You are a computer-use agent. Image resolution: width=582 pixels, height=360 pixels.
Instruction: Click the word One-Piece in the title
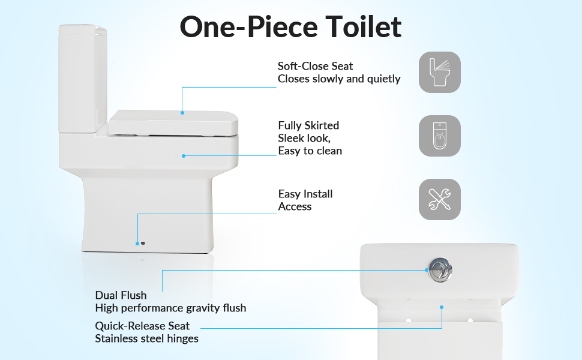point(248,27)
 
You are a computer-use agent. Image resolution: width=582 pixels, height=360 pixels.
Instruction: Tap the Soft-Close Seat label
point(315,66)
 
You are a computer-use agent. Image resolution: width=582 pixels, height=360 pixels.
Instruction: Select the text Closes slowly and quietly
point(339,79)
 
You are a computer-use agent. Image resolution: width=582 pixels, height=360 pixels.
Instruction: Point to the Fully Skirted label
point(308,125)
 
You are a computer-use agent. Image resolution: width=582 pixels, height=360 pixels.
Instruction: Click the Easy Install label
point(305,194)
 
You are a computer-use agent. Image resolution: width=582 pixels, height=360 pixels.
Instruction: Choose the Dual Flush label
point(121,295)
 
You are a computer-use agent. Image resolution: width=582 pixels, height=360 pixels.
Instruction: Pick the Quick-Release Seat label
point(142,326)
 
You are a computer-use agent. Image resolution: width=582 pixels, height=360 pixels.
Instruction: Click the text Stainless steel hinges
point(146,338)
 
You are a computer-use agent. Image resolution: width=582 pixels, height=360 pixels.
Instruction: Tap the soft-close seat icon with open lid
point(440,73)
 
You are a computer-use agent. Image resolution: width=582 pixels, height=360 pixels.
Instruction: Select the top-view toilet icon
point(440,136)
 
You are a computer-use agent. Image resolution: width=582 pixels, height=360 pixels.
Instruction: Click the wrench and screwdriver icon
point(440,200)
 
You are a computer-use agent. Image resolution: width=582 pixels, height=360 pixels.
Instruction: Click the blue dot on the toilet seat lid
point(182,112)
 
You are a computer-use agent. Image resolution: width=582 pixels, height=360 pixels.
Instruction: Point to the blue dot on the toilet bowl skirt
point(184,156)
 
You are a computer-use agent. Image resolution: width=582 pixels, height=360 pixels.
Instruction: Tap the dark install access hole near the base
point(143,244)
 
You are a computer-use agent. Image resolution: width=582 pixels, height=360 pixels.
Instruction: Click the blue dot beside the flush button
point(427,270)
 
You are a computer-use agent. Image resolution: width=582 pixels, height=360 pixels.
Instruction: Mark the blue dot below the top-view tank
point(442,307)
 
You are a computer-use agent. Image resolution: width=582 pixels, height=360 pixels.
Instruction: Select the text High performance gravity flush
point(170,308)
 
